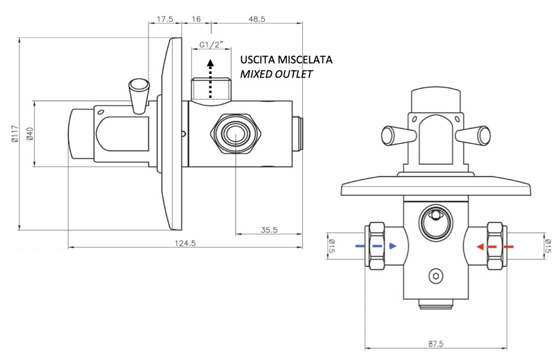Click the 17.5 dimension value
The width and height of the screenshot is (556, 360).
pos(164,19)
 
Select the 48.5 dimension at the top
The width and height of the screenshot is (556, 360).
pos(257,19)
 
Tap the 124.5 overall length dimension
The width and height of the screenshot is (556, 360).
pos(185,243)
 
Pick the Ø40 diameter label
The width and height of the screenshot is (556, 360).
pos(30,134)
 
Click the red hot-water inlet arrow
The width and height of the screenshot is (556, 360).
pos(495,247)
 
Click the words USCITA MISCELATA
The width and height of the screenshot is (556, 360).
pos(286,59)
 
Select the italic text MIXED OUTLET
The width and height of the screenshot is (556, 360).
pos(276,74)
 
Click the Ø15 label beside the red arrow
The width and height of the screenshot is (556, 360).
pos(546,247)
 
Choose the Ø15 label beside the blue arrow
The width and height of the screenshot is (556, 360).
pos(331,247)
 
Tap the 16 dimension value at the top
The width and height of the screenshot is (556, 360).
pos(196,19)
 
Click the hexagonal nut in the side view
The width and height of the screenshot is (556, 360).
pos(235,134)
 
